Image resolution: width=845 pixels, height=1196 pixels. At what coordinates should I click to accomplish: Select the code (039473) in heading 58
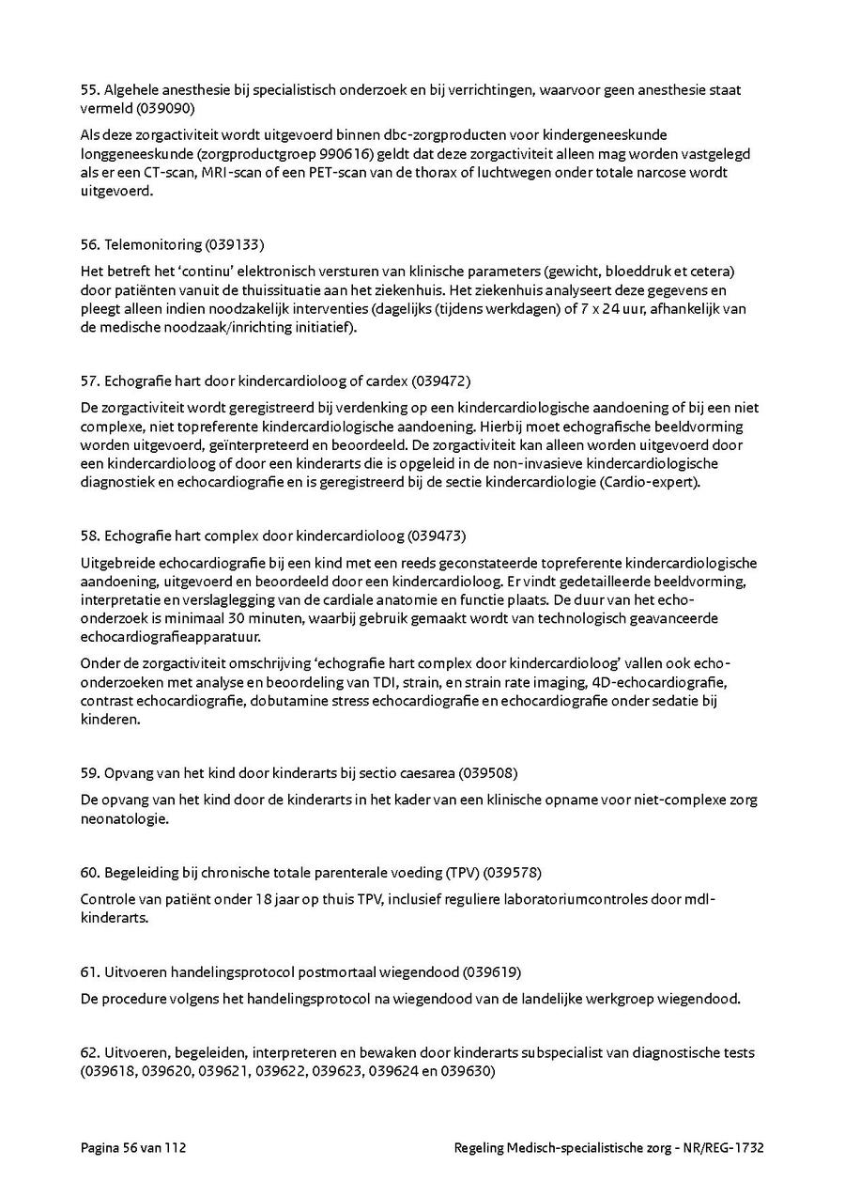(436, 536)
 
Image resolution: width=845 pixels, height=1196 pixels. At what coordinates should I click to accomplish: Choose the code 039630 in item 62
(467, 1071)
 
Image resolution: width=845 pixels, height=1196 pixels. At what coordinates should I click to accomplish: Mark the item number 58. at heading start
(90, 536)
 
